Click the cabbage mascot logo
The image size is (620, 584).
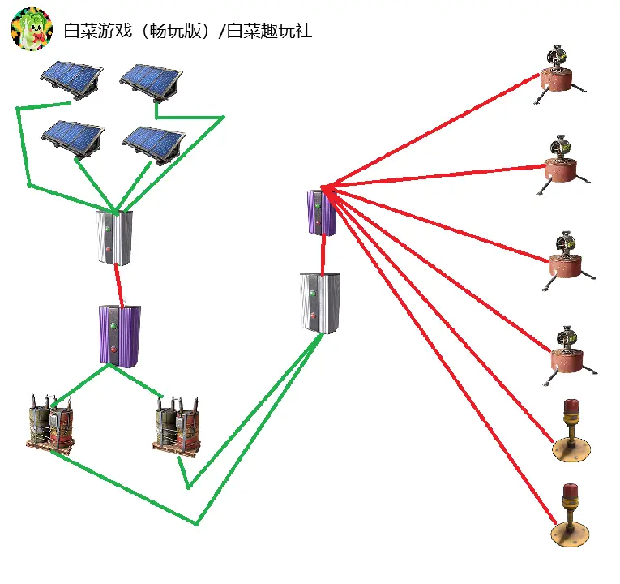coord(32,28)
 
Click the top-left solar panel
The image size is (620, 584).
coord(71,79)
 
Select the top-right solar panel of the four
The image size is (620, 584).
coord(152,82)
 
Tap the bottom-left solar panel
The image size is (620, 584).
coord(74,138)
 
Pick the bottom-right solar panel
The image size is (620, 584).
coord(154,144)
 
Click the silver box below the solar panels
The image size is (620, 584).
coord(114,238)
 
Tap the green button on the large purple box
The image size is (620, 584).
coord(114,326)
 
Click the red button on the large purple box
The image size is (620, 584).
coord(114,350)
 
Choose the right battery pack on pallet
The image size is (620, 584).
coord(177,427)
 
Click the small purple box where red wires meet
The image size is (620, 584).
coord(322,213)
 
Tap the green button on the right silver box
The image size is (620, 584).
coord(313,293)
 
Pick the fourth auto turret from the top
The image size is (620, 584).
coord(570,354)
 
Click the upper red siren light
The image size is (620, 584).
coord(571,431)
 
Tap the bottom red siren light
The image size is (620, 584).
coord(570,515)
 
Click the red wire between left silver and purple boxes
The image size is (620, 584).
coord(119,286)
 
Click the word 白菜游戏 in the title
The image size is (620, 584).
coord(98,31)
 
